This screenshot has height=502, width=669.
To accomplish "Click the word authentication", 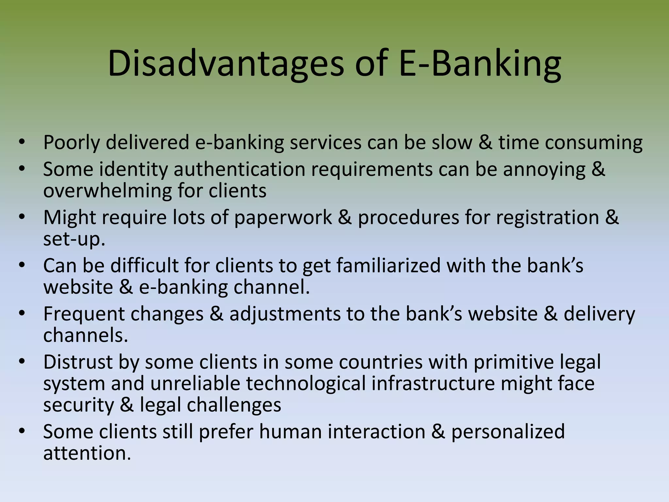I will [239, 169].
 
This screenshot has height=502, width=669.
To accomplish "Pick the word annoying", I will [544, 169].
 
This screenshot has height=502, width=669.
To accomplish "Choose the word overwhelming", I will [107, 191].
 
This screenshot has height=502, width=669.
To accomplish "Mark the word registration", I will [547, 217].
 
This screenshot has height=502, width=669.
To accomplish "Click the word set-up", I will [74, 239].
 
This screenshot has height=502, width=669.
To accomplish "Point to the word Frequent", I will [84, 314].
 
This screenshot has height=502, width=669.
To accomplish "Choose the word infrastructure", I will [433, 383].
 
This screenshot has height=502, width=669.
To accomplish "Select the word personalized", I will [508, 432].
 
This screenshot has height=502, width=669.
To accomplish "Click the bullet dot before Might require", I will [22, 217].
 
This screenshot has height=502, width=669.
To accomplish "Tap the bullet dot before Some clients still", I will [22, 431].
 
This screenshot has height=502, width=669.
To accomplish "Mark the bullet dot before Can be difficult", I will [22, 265].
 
